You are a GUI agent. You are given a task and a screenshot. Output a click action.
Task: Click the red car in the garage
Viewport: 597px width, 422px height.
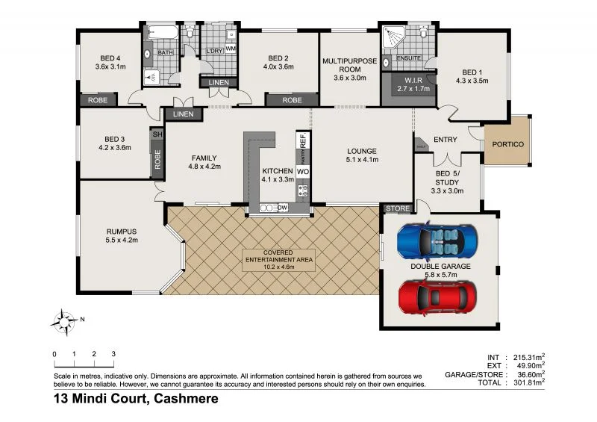(x=437, y=297)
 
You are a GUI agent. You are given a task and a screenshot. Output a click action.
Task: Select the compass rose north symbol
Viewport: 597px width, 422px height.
(x=66, y=322)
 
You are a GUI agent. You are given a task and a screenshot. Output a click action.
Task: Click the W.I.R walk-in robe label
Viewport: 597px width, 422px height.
(x=408, y=80)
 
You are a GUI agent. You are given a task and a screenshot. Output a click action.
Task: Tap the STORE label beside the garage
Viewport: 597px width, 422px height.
(x=397, y=208)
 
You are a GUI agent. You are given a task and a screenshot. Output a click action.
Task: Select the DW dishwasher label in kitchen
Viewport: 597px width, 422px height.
(x=282, y=208)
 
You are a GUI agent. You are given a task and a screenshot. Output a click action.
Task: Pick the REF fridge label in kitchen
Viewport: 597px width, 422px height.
(x=303, y=140)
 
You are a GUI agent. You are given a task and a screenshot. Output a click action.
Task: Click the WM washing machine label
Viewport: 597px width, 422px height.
(x=231, y=49)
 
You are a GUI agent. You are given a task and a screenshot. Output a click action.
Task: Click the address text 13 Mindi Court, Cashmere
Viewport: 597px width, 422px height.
(x=135, y=400)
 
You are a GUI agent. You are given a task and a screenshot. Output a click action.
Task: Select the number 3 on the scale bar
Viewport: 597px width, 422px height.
(x=113, y=353)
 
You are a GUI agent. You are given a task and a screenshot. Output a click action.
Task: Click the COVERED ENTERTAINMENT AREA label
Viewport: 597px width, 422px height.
(x=278, y=258)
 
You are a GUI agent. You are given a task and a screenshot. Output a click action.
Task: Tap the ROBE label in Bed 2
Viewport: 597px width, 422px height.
(x=292, y=99)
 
